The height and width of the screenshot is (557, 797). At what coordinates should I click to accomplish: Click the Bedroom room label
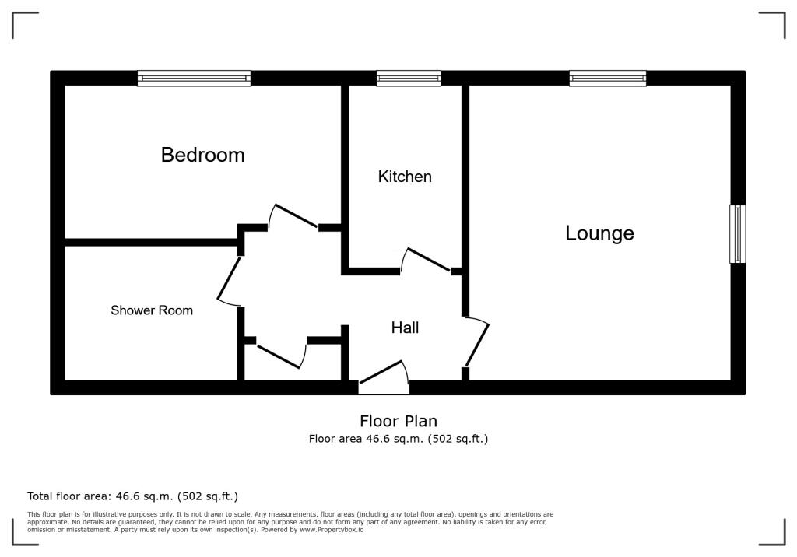pos(202,155)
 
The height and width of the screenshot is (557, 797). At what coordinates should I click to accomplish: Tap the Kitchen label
pos(405,177)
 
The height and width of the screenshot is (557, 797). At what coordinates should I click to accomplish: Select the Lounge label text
pos(599,233)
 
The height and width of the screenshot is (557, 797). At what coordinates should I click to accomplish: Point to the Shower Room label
pos(152,310)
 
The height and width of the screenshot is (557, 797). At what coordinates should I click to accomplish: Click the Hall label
pos(405,328)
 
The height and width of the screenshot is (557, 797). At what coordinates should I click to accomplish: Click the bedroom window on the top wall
pos(194,78)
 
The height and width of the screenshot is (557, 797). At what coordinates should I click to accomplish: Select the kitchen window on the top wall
pos(409,78)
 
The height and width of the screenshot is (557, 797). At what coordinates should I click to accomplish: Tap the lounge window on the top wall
pos(607,78)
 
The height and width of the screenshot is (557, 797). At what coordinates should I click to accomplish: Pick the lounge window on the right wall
pos(737,233)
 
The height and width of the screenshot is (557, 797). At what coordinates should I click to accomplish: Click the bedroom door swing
pos(293,215)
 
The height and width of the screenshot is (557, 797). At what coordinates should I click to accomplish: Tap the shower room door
pos(229,279)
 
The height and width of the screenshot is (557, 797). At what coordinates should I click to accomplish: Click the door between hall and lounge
pos(477,342)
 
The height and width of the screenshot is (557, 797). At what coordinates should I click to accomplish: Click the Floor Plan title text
pos(398,422)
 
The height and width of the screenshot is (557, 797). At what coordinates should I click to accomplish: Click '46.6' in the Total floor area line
pos(130,496)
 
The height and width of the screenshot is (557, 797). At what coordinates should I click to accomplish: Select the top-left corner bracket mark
pos(23,23)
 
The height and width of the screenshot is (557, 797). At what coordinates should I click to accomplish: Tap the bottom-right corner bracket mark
pos(774,534)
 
